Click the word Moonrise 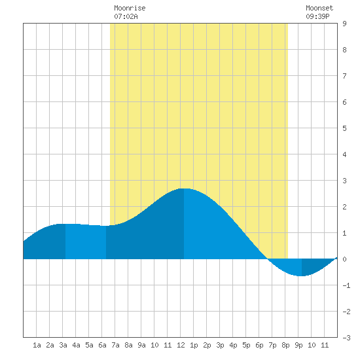130,8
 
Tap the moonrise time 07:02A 126,16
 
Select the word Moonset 319,8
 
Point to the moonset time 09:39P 317,16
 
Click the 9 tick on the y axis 344,24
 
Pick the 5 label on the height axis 344,128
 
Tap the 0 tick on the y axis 344,259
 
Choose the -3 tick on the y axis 346,338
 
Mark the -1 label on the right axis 346,285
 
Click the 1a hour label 37,345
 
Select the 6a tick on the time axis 102,345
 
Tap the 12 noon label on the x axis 181,345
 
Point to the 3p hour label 220,345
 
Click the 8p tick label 285,345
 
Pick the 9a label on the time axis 141,345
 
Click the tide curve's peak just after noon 184,189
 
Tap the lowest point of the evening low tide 302,276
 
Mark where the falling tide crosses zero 268,259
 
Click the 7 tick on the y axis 344,76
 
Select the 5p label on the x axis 246,345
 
